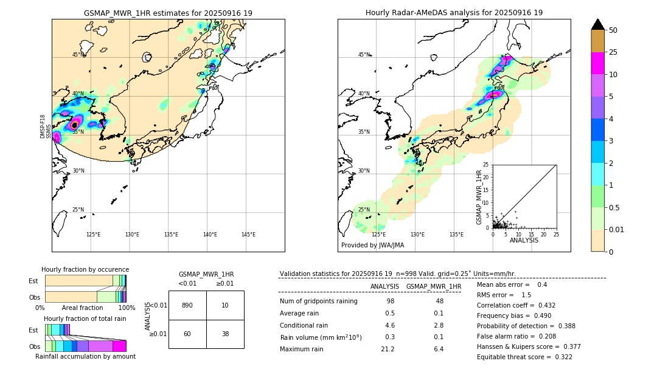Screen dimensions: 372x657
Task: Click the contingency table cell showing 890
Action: pos(187,305)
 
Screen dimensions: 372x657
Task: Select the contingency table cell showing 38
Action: pos(225,334)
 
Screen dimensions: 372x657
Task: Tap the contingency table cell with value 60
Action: pos(187,334)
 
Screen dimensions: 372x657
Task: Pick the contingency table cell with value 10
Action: pos(225,305)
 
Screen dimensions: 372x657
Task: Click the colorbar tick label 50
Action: pos(613,30)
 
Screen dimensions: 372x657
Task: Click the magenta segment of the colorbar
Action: pos(597,63)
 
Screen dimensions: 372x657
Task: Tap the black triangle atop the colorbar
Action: pos(597,24)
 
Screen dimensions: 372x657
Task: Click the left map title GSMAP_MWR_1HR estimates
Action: pos(168,13)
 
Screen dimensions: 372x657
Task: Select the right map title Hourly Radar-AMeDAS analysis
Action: pos(454,13)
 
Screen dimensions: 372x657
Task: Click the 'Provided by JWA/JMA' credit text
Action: pos(372,246)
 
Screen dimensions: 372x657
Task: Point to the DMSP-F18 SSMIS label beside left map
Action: pos(43,126)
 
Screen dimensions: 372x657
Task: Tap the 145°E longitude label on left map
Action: pos(248,235)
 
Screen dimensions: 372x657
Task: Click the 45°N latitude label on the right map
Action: pos(364,55)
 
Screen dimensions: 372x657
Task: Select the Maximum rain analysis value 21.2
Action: pos(388,349)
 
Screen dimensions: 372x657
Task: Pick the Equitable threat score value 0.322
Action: pos(559,357)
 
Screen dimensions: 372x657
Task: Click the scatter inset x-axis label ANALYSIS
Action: pos(524,240)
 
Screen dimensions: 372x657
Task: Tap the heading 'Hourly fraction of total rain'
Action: pos(85,319)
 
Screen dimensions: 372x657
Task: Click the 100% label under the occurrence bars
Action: pos(127,308)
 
